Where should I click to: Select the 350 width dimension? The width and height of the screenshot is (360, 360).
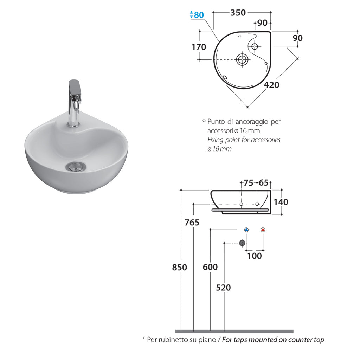pyautogui.click(x=238, y=13)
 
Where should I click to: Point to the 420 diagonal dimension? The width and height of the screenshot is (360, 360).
pyautogui.click(x=271, y=85)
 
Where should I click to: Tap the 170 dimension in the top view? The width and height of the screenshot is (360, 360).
pyautogui.click(x=199, y=47)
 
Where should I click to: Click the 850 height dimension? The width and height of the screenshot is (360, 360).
pyautogui.click(x=179, y=267)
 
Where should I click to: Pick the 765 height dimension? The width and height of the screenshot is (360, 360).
pyautogui.click(x=192, y=223)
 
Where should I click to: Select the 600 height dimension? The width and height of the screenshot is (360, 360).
pyautogui.click(x=210, y=267)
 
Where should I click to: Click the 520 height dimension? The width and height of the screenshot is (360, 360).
pyautogui.click(x=224, y=288)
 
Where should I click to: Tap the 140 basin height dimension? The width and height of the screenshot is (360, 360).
pyautogui.click(x=281, y=202)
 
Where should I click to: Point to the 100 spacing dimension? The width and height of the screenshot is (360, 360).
pyautogui.click(x=255, y=256)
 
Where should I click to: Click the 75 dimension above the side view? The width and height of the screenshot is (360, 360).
pyautogui.click(x=248, y=182)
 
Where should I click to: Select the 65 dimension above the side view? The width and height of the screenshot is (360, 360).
pyautogui.click(x=263, y=182)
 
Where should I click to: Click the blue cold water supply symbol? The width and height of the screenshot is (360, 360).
pyautogui.click(x=246, y=230)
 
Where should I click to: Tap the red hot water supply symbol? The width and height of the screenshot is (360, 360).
pyautogui.click(x=263, y=230)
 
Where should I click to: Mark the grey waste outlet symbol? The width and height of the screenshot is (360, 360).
pyautogui.click(x=242, y=243)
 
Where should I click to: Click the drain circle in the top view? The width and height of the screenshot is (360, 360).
pyautogui.click(x=242, y=59)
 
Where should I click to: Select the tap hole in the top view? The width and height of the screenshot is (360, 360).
pyautogui.click(x=255, y=46)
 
